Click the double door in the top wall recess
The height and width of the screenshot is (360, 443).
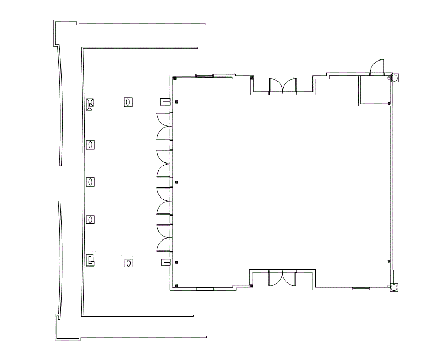pos(282,86)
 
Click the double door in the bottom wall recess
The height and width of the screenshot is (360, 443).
pos(282,278)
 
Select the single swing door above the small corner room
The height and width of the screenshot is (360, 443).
pos(377,67)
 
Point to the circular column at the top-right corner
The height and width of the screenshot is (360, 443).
pos(394,78)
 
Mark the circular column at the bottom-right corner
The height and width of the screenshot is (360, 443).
pos(394,287)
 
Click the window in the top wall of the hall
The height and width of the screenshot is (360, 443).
pos(204,76)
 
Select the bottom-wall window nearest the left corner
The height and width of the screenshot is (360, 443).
pos(205,289)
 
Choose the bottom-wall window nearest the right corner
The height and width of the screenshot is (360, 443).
pos(361,289)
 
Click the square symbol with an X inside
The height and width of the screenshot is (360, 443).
pos(91,104)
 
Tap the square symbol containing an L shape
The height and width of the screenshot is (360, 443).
pos(91,260)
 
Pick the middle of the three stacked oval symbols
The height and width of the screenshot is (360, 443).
pos(91,182)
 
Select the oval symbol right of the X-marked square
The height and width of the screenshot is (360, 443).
pos(128,101)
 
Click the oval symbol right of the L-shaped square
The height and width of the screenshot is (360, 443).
pos(128,262)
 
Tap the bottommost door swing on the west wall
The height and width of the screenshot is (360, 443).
pos(163,244)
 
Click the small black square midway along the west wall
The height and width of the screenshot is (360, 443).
pos(176,182)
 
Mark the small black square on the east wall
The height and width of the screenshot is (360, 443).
pos(390,262)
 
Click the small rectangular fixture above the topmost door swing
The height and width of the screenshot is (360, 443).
pos(165,101)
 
